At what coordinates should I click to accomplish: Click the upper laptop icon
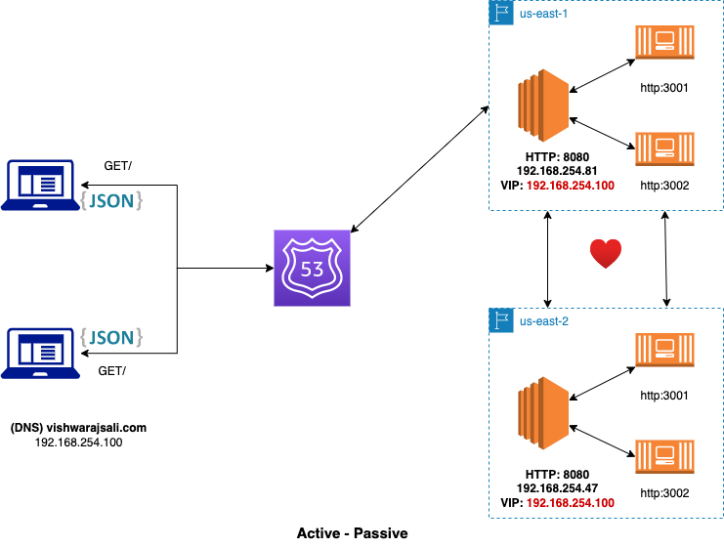click(x=40, y=186)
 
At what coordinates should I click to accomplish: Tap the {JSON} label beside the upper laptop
click(x=112, y=200)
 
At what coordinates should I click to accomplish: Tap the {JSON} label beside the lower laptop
click(x=112, y=338)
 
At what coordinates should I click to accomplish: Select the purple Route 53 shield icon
click(x=312, y=268)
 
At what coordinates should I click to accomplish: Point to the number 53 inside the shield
click(x=312, y=270)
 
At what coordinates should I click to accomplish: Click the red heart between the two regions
click(x=606, y=254)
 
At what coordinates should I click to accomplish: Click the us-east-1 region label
click(x=543, y=14)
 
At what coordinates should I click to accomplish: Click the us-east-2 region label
click(x=543, y=321)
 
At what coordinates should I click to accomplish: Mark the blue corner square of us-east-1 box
click(x=501, y=13)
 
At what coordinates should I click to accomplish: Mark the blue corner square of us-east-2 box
click(x=501, y=320)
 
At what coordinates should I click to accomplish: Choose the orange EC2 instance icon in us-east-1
click(x=543, y=105)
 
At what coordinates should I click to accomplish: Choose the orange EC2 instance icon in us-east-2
click(x=543, y=413)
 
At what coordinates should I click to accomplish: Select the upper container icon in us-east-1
click(x=664, y=42)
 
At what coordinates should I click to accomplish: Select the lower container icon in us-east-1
click(x=664, y=148)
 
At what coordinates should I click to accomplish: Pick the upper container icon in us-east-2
click(x=664, y=350)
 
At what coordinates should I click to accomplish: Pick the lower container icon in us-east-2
click(x=664, y=456)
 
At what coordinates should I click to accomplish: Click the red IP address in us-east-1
click(x=571, y=186)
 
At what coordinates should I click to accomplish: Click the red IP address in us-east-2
click(x=571, y=503)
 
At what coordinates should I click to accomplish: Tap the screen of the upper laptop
click(x=40, y=182)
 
